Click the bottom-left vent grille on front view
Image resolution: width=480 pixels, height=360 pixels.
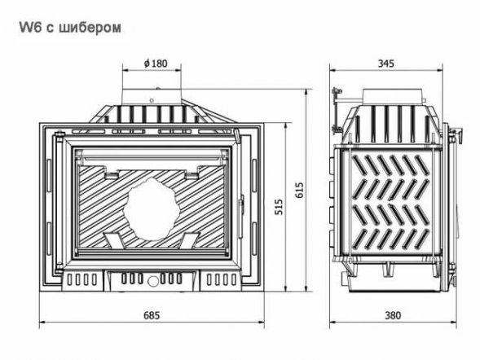tap(81, 279)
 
